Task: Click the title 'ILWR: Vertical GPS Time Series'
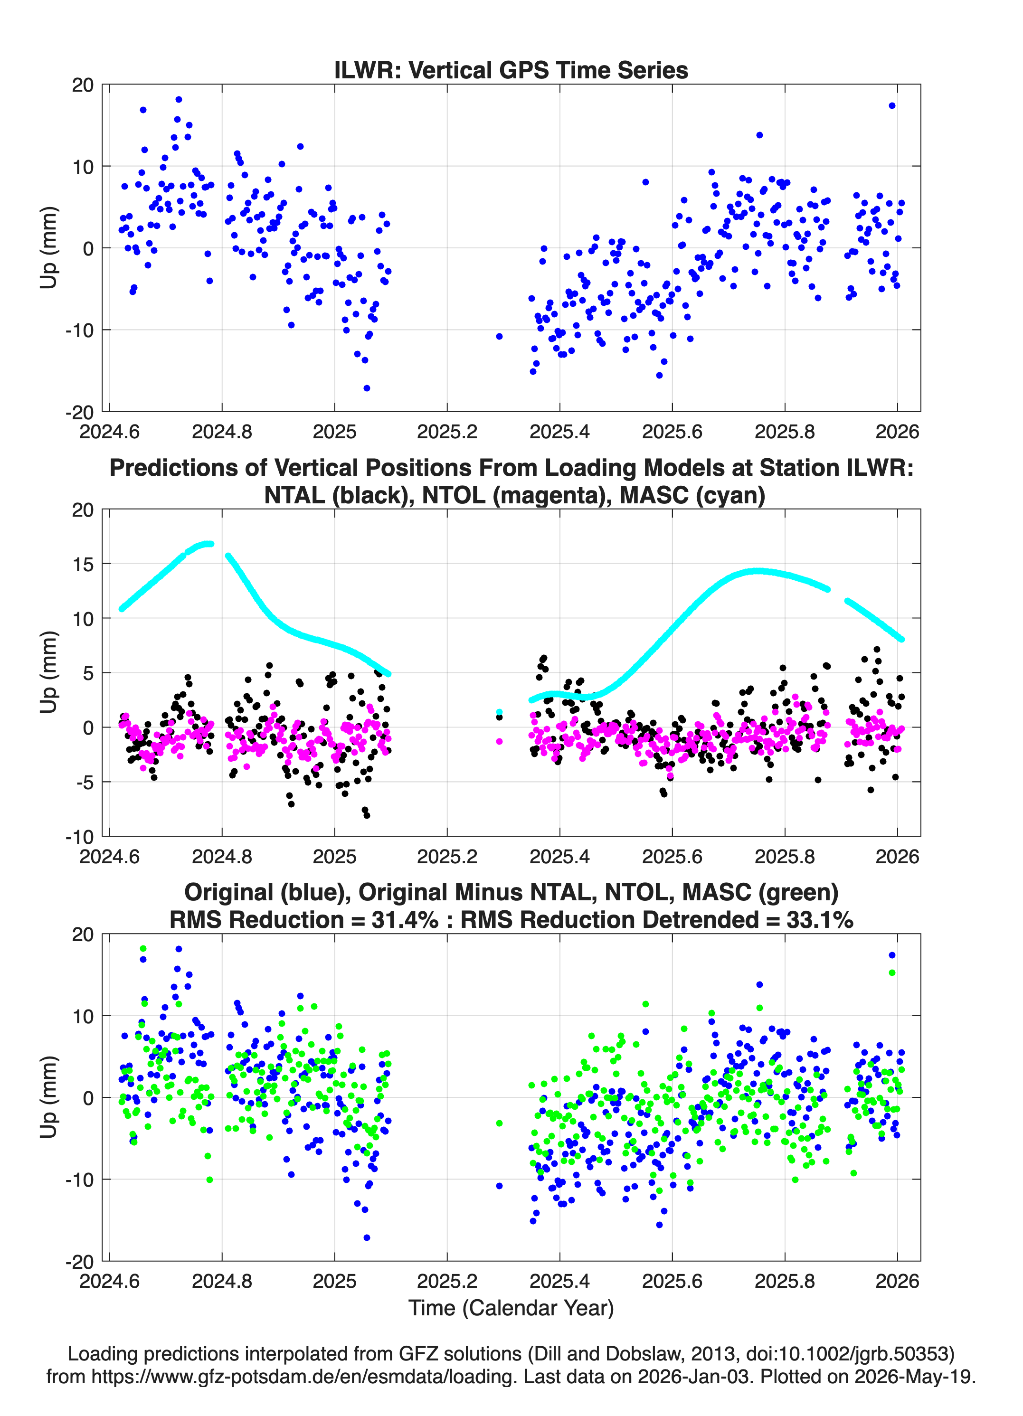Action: tap(511, 70)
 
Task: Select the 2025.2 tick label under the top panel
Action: tap(447, 432)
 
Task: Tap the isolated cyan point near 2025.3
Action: tap(499, 712)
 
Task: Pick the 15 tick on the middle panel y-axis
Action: tap(83, 564)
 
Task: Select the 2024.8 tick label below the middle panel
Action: tap(222, 856)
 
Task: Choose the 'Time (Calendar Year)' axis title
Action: tap(511, 1307)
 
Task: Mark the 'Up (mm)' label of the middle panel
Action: tap(49, 672)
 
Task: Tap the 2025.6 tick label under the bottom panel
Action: tap(672, 1281)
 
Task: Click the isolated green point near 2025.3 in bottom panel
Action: tap(499, 1123)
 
